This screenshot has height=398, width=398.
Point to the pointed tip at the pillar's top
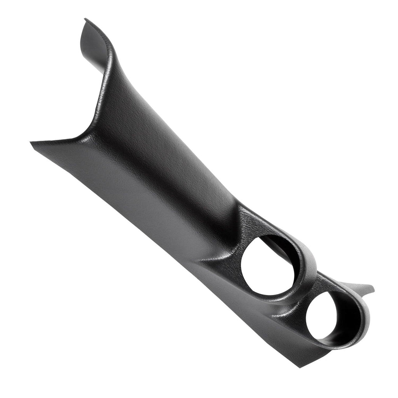coord(86,19)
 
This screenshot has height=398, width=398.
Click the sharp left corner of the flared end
coord(31,143)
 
